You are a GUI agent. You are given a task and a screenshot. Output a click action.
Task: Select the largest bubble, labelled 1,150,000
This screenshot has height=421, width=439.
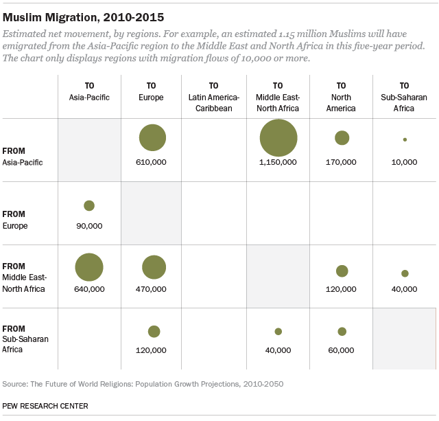pyautogui.click(x=278, y=138)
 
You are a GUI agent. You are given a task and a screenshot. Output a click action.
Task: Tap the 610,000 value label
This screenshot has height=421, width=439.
pyautogui.click(x=152, y=162)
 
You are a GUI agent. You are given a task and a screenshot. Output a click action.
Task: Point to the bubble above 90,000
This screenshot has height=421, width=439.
pyautogui.click(x=88, y=205)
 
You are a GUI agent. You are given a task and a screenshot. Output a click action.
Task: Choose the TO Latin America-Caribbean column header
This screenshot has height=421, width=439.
pyautogui.click(x=214, y=97)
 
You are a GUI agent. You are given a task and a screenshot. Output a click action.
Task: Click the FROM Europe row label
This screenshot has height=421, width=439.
pyautogui.click(x=16, y=220)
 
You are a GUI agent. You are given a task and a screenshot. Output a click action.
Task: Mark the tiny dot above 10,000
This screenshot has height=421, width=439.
pyautogui.click(x=405, y=139)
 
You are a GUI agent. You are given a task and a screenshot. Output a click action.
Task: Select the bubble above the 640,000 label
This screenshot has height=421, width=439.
pyautogui.click(x=88, y=268)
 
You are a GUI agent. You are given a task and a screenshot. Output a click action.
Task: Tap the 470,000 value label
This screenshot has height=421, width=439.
pyautogui.click(x=152, y=290)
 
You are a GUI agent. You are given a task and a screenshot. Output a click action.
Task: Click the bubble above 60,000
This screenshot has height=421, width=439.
pyautogui.click(x=342, y=332)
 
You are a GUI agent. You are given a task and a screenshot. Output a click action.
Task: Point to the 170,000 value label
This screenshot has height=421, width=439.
pyautogui.click(x=342, y=162)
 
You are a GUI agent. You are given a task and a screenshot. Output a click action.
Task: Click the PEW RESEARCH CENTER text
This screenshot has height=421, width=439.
pyautogui.click(x=45, y=406)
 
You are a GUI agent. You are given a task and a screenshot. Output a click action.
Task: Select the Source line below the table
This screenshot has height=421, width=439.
pyautogui.click(x=143, y=384)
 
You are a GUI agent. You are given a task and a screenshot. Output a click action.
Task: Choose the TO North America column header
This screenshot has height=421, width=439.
pyautogui.click(x=342, y=97)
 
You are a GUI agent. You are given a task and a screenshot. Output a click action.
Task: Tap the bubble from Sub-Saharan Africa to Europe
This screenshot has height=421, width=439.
pyautogui.click(x=154, y=332)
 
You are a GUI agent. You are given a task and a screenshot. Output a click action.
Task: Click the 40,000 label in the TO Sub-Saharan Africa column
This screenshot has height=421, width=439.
pyautogui.click(x=405, y=290)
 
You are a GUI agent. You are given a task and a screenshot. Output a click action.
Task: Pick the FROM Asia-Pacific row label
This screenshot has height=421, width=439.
pyautogui.click(x=23, y=156)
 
